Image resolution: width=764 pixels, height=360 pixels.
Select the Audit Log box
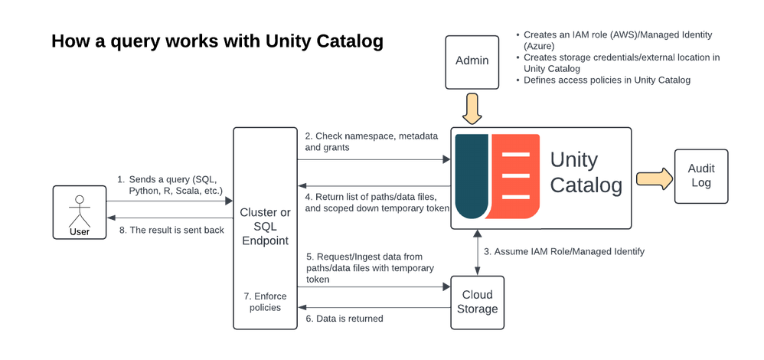click(x=701, y=176)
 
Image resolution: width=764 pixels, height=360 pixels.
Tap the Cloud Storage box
click(x=477, y=302)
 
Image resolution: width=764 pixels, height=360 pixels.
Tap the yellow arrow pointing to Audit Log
click(x=652, y=178)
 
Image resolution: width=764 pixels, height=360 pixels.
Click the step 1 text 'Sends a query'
click(x=170, y=184)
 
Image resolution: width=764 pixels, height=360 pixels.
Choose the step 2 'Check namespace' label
click(x=371, y=141)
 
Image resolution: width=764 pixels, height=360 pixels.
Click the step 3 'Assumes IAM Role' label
click(x=565, y=251)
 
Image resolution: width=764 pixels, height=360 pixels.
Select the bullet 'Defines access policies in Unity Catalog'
click(x=606, y=80)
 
